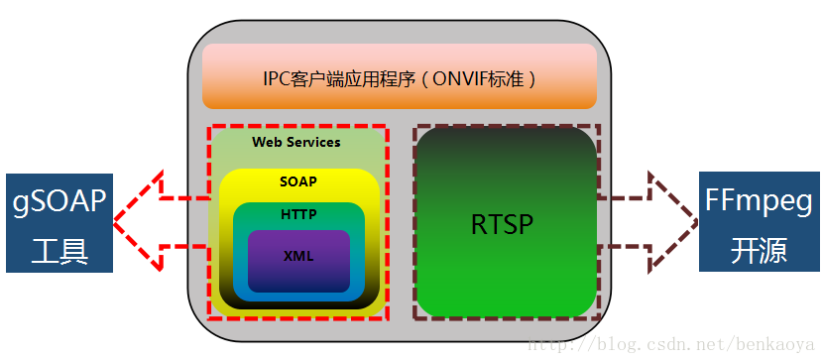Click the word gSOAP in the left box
pos(59,202)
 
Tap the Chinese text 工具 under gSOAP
pos(59,250)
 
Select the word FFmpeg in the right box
pos(759,202)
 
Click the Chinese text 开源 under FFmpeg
pos(759,250)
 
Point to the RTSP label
pos(502,224)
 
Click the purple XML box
pos(298,257)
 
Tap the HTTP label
pos(298,213)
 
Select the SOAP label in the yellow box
pos(298,182)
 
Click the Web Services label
pos(295,142)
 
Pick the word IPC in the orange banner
pos(278,78)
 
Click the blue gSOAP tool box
pos(59,223)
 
